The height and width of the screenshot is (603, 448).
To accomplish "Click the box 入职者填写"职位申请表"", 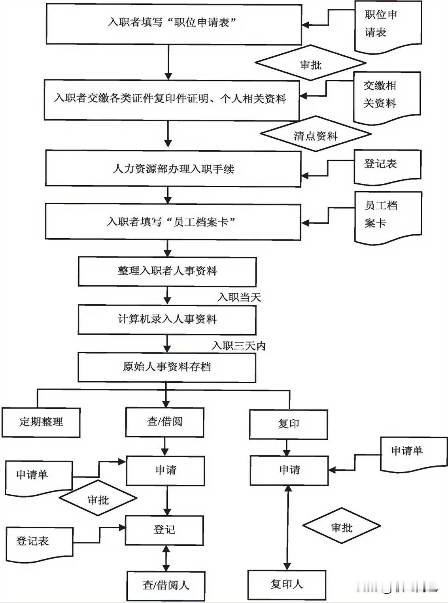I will (x=174, y=24).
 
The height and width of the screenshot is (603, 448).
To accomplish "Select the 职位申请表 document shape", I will (x=387, y=26).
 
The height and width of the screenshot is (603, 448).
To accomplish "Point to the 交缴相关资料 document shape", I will (x=386, y=97).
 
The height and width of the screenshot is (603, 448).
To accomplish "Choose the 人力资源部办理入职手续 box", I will (x=173, y=169).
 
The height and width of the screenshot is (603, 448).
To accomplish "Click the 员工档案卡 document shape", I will (x=388, y=216).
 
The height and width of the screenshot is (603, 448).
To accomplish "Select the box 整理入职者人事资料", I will (x=167, y=271).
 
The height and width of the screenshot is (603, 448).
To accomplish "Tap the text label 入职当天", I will (x=239, y=297).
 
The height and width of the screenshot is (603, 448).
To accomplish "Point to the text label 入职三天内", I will (x=239, y=346).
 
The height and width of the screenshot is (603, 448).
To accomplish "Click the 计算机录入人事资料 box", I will (x=167, y=319).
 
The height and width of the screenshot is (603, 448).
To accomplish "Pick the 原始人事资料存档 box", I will (x=167, y=367).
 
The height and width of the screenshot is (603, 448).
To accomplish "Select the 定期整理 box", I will (x=41, y=422).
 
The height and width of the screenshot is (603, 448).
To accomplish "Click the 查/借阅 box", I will (x=165, y=422).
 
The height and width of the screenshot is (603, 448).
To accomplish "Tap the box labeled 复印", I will (x=288, y=424).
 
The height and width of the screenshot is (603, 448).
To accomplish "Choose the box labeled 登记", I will (x=164, y=530).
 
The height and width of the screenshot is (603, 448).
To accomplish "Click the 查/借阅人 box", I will (x=166, y=586).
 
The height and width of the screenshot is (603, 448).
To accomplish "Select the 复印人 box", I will (x=287, y=585).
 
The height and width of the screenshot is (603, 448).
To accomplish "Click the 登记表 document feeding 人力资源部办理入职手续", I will (x=387, y=166).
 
